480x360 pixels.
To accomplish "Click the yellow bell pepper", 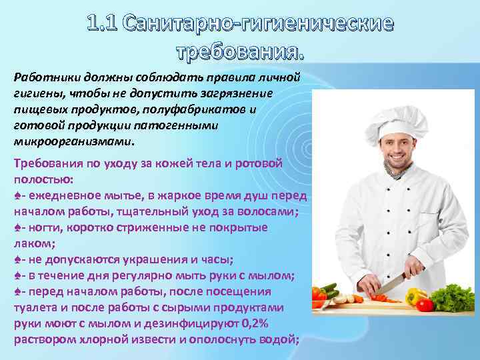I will click(415, 296).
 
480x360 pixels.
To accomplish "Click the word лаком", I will click(28, 243).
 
